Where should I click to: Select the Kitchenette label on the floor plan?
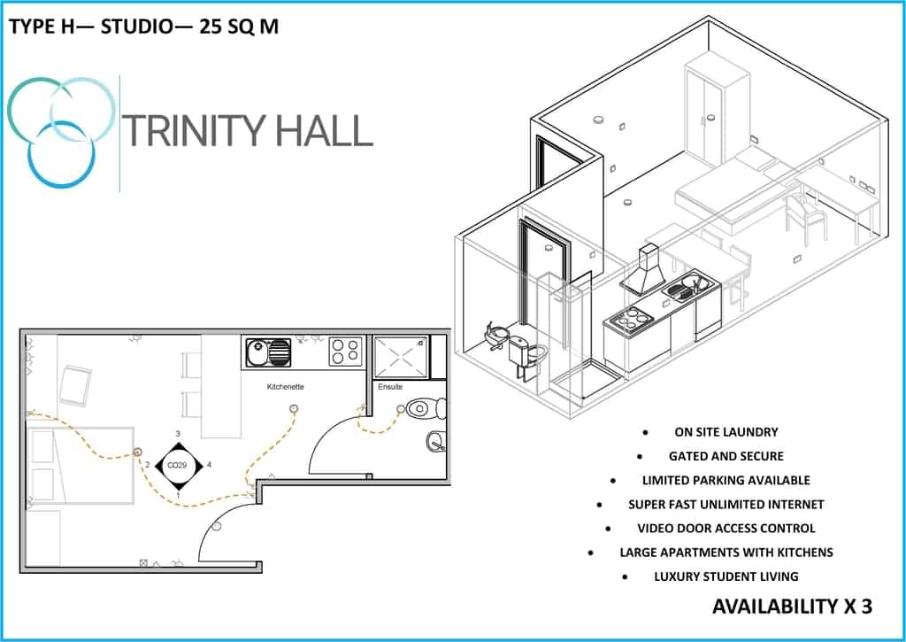[286, 387]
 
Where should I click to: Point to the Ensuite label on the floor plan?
[390, 387]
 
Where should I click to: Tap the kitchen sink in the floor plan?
[267, 352]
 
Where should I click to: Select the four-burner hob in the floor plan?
[344, 352]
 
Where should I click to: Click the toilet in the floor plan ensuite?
[425, 409]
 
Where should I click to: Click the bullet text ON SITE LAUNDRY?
[726, 432]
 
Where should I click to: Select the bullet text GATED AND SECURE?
[726, 456]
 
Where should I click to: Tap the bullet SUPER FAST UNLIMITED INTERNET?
[726, 504]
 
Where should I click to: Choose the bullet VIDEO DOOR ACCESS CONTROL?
[726, 528]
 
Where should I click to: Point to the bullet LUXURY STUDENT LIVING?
[726, 576]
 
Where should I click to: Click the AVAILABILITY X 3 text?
[792, 607]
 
